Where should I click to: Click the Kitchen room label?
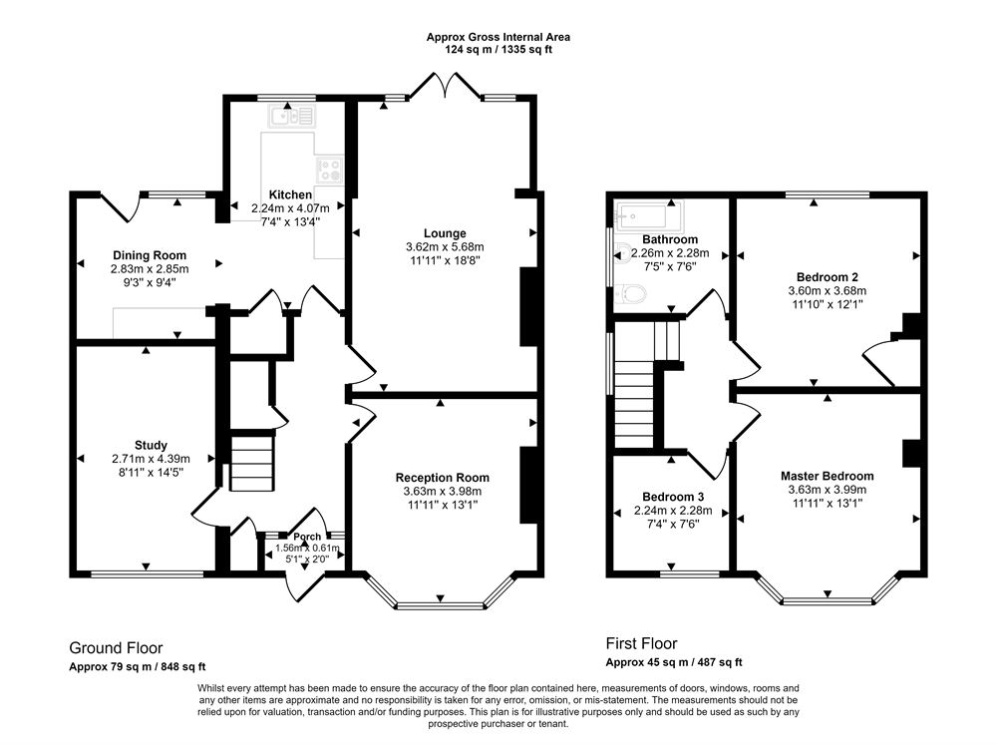pyautogui.click(x=290, y=194)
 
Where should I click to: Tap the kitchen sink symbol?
pyautogui.click(x=290, y=117)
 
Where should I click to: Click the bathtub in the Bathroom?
pyautogui.click(x=645, y=214)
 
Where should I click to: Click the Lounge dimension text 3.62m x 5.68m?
pyautogui.click(x=444, y=247)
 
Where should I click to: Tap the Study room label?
pyautogui.click(x=152, y=445)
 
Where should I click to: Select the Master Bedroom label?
pyautogui.click(x=827, y=476)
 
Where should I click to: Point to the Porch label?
pyautogui.click(x=306, y=537)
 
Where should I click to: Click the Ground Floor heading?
pyautogui.click(x=116, y=647)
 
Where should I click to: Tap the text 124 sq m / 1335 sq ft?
pyautogui.click(x=498, y=49)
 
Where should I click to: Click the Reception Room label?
pyautogui.click(x=442, y=478)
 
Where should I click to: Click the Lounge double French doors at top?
pyautogui.click(x=444, y=86)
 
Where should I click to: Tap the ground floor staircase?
pyautogui.click(x=251, y=461)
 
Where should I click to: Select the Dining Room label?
pyautogui.click(x=150, y=255)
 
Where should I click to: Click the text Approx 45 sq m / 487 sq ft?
pyautogui.click(x=674, y=662)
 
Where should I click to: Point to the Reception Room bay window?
pyautogui.click(x=440, y=603)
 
